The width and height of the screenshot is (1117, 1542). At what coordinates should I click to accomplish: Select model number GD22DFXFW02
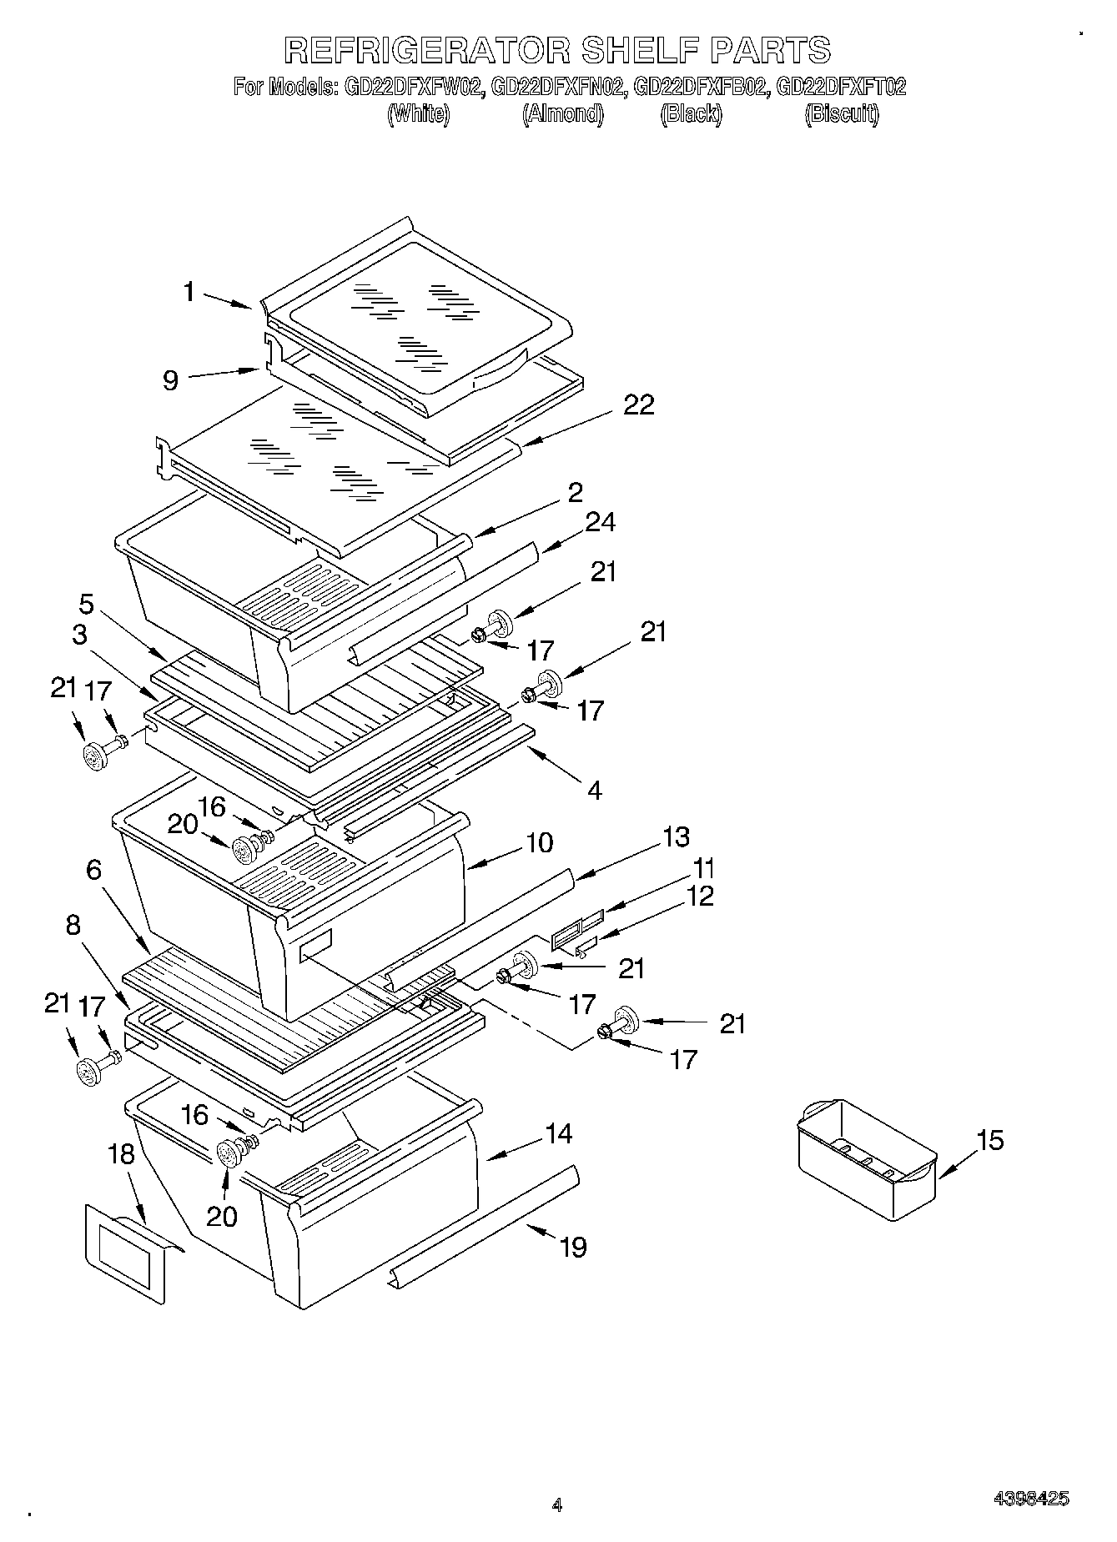pyautogui.click(x=413, y=86)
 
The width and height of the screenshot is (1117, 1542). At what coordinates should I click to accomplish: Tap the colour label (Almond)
pyautogui.click(x=562, y=114)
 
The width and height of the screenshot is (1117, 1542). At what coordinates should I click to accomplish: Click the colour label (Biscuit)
pyautogui.click(x=841, y=114)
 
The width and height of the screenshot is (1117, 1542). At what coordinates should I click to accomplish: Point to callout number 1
pyautogui.click(x=189, y=292)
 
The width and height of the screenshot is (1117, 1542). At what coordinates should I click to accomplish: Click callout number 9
pyautogui.click(x=170, y=381)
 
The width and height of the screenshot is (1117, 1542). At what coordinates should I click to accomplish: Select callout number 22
pyautogui.click(x=639, y=405)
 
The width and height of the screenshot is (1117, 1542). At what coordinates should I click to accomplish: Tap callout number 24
pyautogui.click(x=600, y=522)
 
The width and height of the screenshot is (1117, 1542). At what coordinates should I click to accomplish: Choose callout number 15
pyautogui.click(x=990, y=1140)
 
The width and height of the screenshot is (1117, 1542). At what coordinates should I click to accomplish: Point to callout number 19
pyautogui.click(x=573, y=1247)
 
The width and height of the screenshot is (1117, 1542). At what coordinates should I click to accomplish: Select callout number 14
pyautogui.click(x=559, y=1133)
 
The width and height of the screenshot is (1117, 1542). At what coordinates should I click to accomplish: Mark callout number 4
pyautogui.click(x=594, y=790)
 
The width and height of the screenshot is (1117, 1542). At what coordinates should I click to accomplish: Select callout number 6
pyautogui.click(x=93, y=871)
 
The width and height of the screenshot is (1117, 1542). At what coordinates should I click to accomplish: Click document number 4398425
pyautogui.click(x=1031, y=1499)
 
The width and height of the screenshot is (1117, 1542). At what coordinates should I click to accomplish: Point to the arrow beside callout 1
pyautogui.click(x=228, y=301)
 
